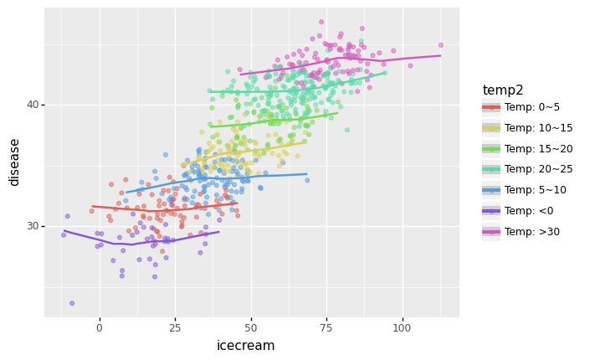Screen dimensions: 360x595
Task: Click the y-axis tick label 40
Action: tap(31, 105)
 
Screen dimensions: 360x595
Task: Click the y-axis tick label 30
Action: tap(31, 226)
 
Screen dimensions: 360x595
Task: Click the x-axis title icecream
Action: tap(246, 346)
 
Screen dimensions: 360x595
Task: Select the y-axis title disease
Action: tap(14, 162)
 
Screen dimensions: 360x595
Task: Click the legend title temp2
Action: tap(504, 90)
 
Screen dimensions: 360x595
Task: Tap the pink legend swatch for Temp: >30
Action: tap(491, 232)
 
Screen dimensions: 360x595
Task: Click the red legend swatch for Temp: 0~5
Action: tap(491, 108)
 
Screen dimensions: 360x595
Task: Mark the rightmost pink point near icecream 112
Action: tap(441, 45)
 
